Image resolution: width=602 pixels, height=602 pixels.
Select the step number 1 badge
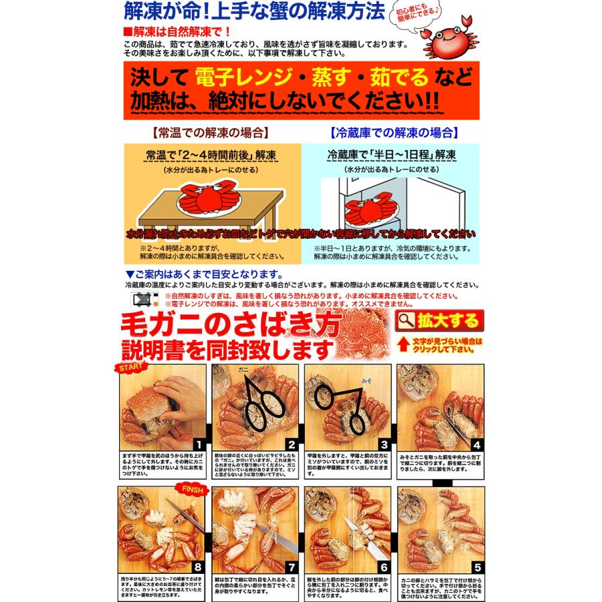197,444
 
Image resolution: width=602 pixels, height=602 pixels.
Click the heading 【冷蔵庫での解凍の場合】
394,132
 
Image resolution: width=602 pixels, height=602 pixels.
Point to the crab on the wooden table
206,199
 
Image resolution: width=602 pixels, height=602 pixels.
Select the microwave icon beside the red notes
142,298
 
